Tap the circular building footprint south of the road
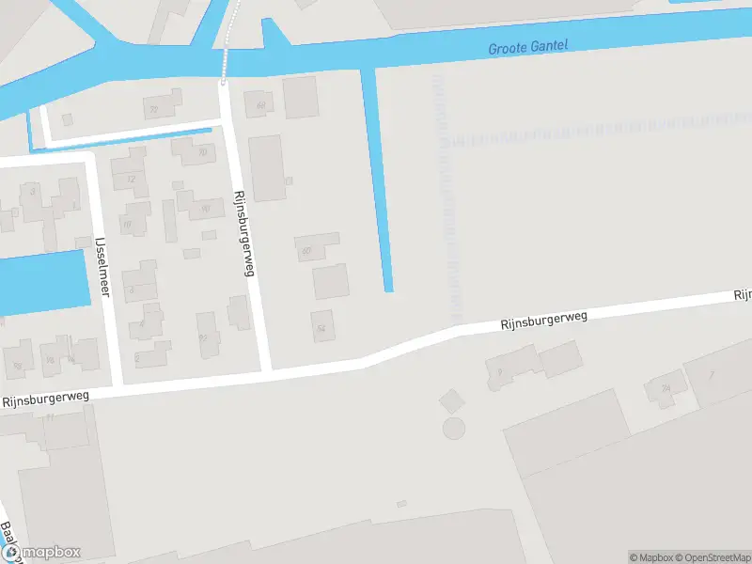point(454,429)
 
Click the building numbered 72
point(154,107)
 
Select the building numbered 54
point(322,326)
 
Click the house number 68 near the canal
point(259,102)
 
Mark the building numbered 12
point(131,179)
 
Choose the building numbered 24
point(666,387)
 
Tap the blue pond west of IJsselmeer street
point(42,281)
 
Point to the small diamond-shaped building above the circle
point(451,400)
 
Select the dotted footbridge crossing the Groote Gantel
point(226,56)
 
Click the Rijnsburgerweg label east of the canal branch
point(542,321)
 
